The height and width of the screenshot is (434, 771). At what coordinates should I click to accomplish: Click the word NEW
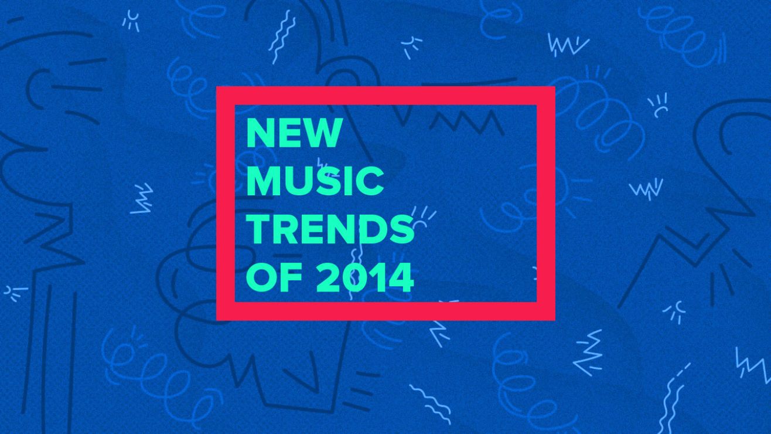(295, 133)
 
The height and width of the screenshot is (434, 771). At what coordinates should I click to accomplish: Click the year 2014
(365, 277)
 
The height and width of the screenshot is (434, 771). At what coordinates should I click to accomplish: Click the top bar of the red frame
(385, 96)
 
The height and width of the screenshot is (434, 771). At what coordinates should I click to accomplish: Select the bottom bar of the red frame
(385, 311)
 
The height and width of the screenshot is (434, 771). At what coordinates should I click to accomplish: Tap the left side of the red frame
(226, 204)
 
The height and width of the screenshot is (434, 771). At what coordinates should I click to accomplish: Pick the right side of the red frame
(546, 204)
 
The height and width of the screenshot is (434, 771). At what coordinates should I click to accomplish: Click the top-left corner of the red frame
(217, 86)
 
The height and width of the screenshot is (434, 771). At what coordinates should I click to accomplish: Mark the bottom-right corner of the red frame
(555, 320)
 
